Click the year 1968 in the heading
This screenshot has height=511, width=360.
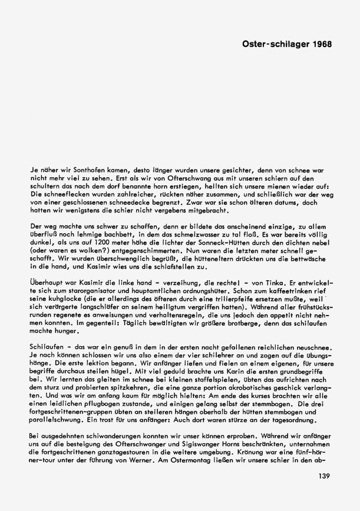coord(319,44)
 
